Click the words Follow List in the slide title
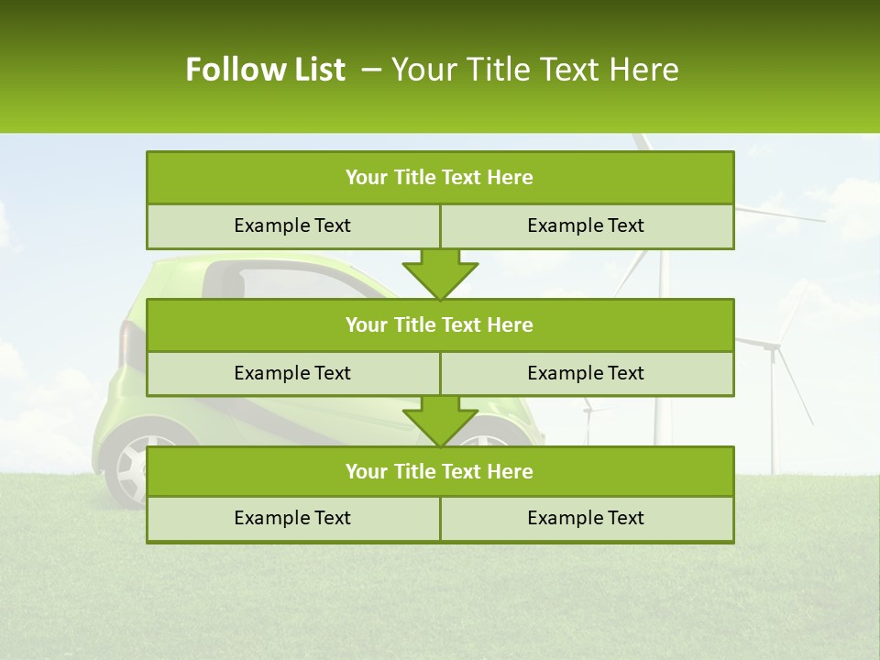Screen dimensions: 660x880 266,70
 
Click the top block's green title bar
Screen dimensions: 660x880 440,178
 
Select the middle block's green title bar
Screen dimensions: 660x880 440,324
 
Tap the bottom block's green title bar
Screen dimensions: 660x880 440,471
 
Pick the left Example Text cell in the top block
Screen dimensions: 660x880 293,225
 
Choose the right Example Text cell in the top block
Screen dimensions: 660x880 587,225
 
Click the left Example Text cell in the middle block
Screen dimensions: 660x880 293,373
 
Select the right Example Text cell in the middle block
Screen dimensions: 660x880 587,373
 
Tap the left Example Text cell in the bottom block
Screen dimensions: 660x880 293,518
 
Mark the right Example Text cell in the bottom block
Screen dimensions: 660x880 587,518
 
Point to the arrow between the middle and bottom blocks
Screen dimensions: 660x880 440,421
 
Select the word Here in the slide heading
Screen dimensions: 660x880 645,70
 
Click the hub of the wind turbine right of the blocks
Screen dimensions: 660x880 774,346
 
